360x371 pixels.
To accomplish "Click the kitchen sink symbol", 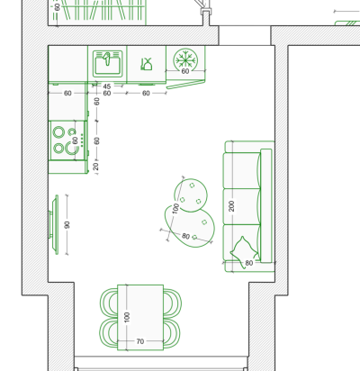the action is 107,64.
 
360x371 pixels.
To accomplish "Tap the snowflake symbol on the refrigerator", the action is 185,59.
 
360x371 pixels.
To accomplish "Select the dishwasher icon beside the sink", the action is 147,64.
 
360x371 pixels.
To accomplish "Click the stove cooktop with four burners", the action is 68,140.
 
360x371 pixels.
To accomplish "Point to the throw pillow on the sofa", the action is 243,251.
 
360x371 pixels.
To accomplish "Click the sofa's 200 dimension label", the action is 231,206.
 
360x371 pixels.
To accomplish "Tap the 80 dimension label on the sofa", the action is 249,263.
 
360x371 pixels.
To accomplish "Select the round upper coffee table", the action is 191,195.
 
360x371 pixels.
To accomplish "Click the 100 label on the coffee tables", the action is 175,208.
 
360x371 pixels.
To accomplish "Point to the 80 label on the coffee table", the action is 186,236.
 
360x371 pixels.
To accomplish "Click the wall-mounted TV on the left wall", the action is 54,224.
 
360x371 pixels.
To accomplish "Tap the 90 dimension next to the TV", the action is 67,224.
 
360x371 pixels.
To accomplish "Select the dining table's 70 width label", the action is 140,341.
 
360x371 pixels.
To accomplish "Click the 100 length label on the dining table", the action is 127,317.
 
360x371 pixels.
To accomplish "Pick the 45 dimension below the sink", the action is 107,86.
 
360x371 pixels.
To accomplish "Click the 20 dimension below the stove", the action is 96,167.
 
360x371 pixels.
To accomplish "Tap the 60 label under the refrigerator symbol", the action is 185,71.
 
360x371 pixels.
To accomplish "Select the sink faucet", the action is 107,59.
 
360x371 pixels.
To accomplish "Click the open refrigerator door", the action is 185,84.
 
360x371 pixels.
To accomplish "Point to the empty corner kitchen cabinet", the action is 68,64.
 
